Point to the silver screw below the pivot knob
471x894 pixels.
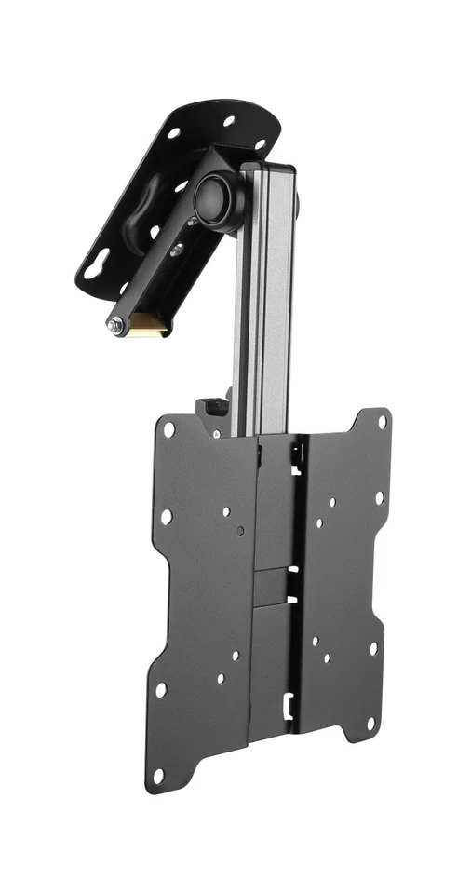(177, 249)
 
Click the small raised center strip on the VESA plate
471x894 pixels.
(272, 586)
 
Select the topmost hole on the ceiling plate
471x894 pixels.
(229, 121)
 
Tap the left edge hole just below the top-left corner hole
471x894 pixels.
(166, 516)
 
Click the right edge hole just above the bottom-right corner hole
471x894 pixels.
(373, 647)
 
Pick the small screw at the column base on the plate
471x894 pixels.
(216, 433)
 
